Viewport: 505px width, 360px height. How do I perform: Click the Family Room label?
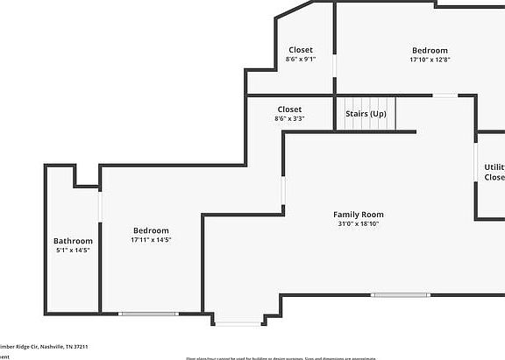(358, 215)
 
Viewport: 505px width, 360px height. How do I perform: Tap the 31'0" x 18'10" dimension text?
(358, 223)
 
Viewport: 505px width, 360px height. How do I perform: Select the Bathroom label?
(73, 241)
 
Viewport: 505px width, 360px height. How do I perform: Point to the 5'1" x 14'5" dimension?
(73, 250)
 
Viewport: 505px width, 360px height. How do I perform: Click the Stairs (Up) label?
(366, 114)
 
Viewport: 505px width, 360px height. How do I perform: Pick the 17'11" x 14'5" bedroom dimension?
(151, 239)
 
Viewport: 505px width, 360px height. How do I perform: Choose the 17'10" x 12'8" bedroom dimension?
(430, 60)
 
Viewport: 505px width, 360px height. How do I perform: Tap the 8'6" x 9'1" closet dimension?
(300, 60)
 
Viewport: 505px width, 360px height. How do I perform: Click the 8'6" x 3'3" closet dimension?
(289, 118)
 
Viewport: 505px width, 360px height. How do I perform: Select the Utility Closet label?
(494, 172)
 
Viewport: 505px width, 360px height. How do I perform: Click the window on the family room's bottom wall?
(401, 294)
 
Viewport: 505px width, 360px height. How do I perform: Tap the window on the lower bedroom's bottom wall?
(148, 313)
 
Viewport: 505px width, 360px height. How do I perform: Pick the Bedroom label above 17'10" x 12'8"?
(430, 51)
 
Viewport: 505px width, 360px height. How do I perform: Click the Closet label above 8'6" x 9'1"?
(300, 50)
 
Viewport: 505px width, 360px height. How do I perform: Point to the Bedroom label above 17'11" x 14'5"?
(151, 230)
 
